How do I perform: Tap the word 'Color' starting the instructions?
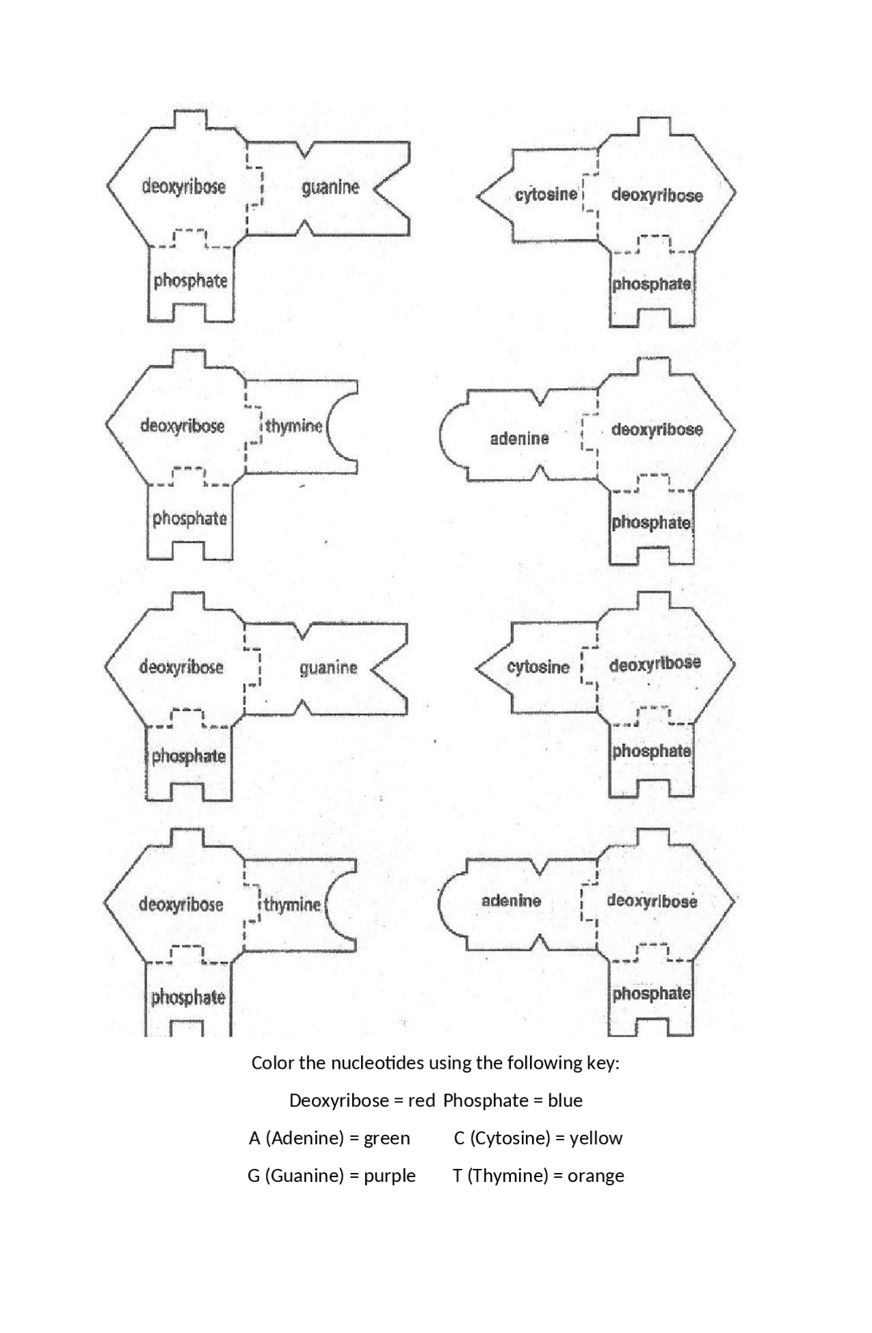[x=269, y=1063]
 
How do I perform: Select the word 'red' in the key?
[x=422, y=1100]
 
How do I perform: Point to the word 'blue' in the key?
[x=565, y=1100]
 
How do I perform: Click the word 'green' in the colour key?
[x=387, y=1138]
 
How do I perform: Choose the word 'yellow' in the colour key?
[x=596, y=1138]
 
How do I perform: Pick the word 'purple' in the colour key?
[x=390, y=1175]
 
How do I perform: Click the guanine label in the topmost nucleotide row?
[x=330, y=187]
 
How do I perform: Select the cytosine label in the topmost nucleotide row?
[x=546, y=195]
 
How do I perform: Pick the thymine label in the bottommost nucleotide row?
[x=292, y=905]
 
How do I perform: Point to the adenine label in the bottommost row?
[x=512, y=901]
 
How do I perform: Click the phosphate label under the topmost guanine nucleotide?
[x=190, y=280]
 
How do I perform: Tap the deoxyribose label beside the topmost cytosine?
[x=657, y=195]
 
